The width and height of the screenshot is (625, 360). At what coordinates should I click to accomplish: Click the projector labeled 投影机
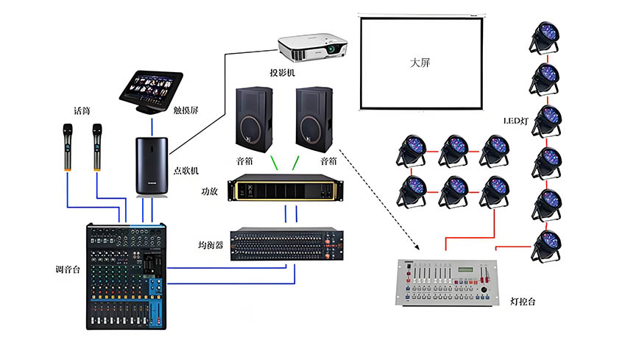tap(311, 46)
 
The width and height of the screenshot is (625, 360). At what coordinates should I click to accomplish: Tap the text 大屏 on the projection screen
tap(420, 63)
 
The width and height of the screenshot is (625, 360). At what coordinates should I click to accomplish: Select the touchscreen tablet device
tap(152, 89)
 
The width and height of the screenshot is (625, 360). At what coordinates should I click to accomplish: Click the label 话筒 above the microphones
tap(81, 111)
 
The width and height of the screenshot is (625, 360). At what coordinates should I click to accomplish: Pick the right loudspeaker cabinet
tap(316, 119)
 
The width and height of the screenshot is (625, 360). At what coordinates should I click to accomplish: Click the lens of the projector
tap(335, 49)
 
